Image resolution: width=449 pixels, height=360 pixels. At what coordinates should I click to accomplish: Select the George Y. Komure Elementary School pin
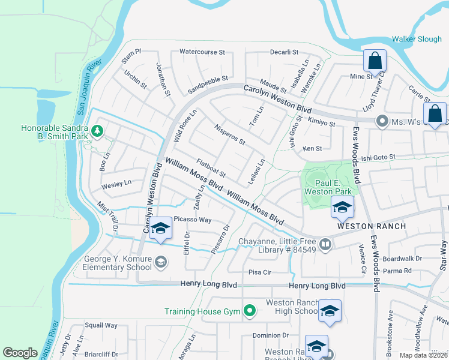(x=160, y=262)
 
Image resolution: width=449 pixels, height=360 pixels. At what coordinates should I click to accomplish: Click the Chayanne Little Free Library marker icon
(x=325, y=244)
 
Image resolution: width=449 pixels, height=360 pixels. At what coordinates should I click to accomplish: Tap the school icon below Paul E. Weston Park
(x=342, y=208)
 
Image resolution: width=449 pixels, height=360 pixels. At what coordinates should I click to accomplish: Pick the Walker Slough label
(x=417, y=40)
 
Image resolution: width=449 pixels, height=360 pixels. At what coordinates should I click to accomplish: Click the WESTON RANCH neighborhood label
(x=371, y=226)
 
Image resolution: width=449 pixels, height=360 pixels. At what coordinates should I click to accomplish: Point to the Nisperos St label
(x=229, y=135)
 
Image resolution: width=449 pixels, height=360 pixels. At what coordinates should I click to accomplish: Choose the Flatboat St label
(x=211, y=169)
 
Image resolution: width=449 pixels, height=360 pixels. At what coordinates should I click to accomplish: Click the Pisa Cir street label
(x=260, y=272)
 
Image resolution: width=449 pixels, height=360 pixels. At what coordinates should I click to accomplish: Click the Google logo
(x=20, y=353)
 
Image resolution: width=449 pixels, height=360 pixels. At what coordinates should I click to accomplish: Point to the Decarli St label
(x=285, y=52)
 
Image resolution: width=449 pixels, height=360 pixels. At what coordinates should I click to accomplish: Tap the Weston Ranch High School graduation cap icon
(x=330, y=311)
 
